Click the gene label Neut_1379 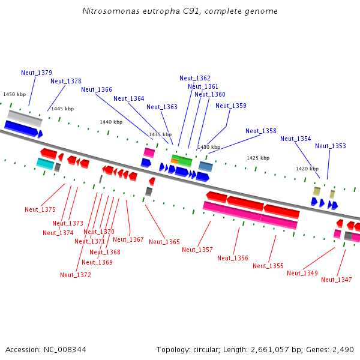click(x=37, y=73)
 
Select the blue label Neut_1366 click(x=97, y=89)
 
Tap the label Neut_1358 click(x=261, y=131)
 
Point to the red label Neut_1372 click(x=76, y=275)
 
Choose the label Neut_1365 click(x=164, y=242)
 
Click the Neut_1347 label click(x=337, y=280)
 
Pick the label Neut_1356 click(x=233, y=258)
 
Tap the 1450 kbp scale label click(x=14, y=94)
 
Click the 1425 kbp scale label click(x=258, y=158)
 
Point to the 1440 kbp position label click(x=111, y=122)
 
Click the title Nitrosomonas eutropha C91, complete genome click(x=180, y=11)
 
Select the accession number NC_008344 click(x=65, y=350)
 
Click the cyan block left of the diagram click(x=45, y=164)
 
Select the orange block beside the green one click(x=175, y=161)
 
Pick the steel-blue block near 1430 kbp click(x=205, y=166)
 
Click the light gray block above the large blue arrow click(x=25, y=118)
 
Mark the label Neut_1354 click(x=295, y=139)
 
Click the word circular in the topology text click(x=205, y=350)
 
